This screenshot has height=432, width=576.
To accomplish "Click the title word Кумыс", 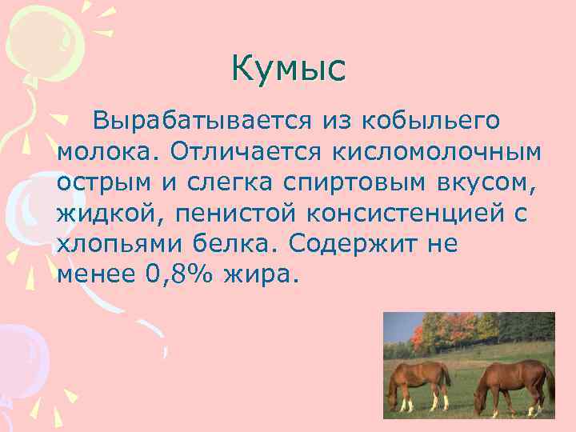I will tap(288, 69).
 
